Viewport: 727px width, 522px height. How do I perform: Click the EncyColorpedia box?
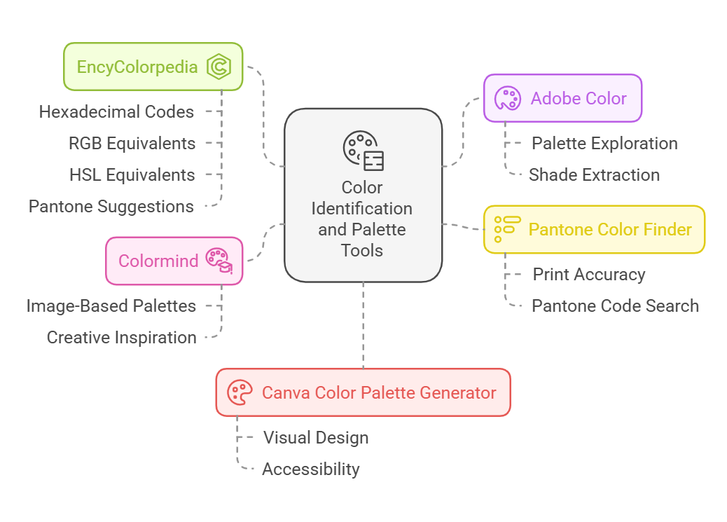[x=153, y=67]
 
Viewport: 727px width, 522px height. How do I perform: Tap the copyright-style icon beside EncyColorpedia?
[x=219, y=67]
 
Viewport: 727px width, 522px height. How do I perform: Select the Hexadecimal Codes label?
[x=116, y=111]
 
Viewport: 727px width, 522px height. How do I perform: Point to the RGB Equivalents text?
[x=132, y=143]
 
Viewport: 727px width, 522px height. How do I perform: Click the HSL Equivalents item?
[x=132, y=174]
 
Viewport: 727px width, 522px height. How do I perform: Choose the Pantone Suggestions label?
[x=111, y=206]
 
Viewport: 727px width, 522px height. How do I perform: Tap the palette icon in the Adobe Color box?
[x=508, y=98]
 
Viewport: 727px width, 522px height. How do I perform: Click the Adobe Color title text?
[x=579, y=98]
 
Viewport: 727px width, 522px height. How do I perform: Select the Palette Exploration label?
[x=604, y=143]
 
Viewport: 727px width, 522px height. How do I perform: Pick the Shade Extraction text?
[x=594, y=174]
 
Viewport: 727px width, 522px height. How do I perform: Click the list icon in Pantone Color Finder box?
[x=508, y=229]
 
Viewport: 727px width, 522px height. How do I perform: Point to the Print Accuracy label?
[x=589, y=274]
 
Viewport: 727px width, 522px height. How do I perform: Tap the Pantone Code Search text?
[x=615, y=305]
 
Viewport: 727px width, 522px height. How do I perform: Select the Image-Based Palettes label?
[x=111, y=305]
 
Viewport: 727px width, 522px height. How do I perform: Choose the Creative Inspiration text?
[x=121, y=337]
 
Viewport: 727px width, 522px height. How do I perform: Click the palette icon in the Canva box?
[x=240, y=392]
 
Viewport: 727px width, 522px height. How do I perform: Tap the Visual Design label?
[x=316, y=437]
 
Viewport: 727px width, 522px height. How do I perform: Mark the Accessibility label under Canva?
[x=310, y=469]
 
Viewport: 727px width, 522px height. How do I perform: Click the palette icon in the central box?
[x=363, y=149]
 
